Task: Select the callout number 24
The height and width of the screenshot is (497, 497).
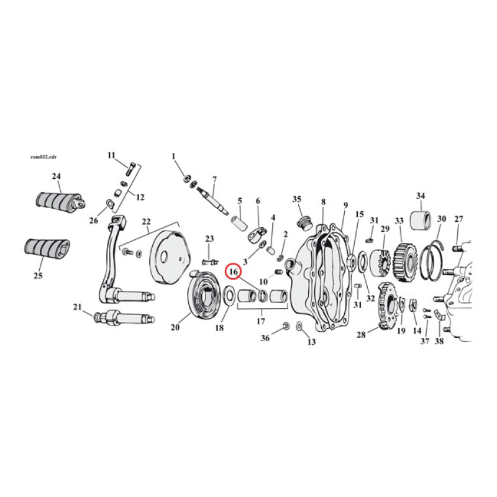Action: [57, 176]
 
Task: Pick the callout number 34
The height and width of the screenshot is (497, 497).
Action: [420, 196]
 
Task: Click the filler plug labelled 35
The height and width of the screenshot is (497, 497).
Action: [304, 221]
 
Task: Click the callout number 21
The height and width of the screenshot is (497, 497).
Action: [77, 307]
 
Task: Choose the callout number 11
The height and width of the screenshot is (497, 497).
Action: [112, 155]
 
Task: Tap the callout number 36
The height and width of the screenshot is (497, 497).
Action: [265, 338]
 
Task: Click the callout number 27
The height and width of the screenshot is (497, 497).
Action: [459, 219]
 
